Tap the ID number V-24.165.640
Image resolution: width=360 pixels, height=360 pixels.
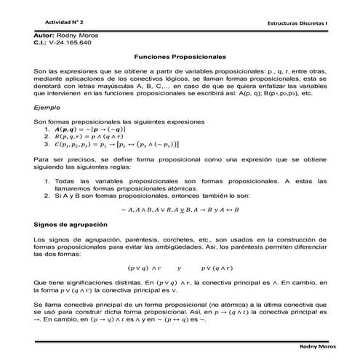(72, 43)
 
